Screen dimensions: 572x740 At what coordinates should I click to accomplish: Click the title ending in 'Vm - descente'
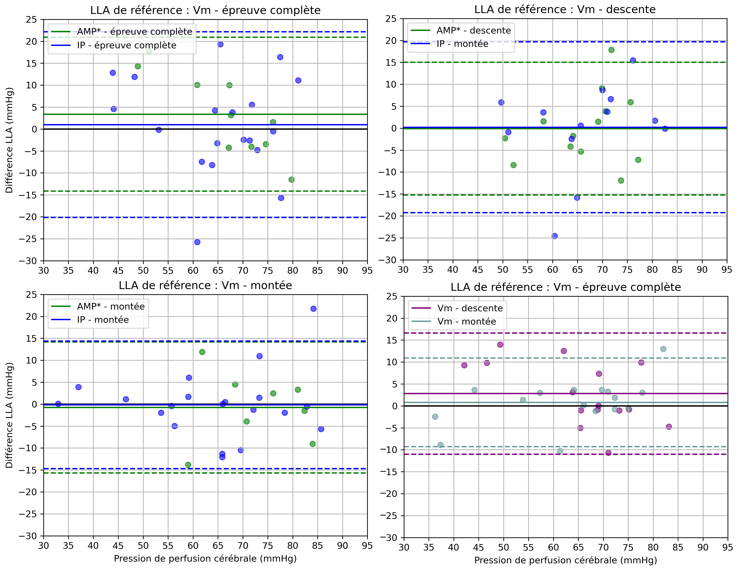coord(565,10)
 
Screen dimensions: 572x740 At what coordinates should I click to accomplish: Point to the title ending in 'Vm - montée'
coord(205,285)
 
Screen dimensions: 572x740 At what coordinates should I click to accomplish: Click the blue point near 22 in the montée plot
coord(313,309)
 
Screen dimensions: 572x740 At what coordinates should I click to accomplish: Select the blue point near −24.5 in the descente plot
coord(555,236)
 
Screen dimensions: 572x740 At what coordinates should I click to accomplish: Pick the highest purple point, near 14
coord(500,345)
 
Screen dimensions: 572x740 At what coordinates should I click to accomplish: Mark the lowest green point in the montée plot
coord(188,464)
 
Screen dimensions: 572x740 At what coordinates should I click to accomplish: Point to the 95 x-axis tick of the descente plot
coord(727,270)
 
